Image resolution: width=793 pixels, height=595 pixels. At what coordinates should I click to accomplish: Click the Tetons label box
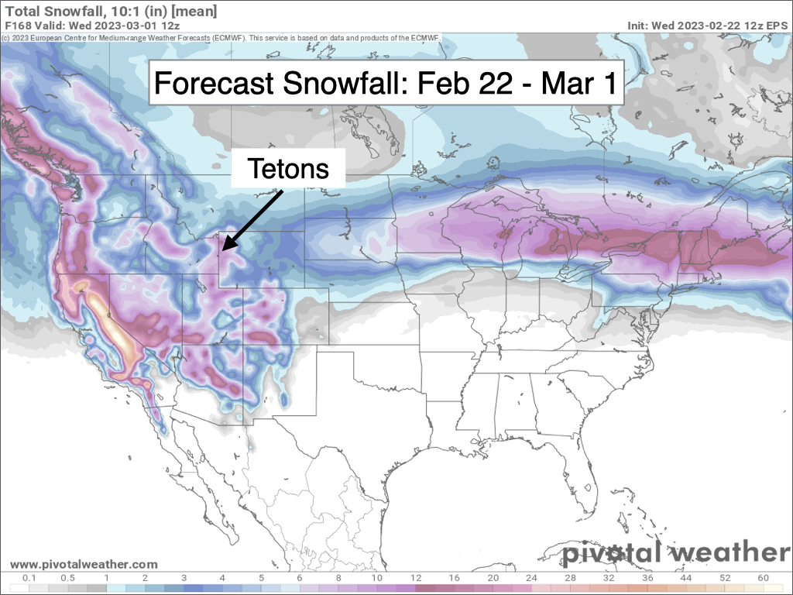point(287,168)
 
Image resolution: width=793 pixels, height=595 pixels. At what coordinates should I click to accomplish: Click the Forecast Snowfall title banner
point(386,82)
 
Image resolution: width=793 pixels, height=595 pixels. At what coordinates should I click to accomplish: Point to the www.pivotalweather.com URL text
point(84,565)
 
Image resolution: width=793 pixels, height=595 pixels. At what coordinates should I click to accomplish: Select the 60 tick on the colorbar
point(763,578)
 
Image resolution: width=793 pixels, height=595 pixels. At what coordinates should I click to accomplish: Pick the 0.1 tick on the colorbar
point(30,578)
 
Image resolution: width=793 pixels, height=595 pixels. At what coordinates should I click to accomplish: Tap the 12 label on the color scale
point(415,578)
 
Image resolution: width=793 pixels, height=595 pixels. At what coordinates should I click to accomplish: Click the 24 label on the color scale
point(531,578)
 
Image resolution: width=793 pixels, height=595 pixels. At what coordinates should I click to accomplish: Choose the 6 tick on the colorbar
point(300,578)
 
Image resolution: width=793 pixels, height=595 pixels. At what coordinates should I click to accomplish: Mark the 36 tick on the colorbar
point(647,578)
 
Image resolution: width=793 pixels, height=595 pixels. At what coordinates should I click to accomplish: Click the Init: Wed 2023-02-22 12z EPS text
point(707,26)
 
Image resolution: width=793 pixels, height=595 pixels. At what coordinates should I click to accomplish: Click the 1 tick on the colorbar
point(107,578)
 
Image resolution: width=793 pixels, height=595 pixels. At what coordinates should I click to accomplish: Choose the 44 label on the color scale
point(685,578)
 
